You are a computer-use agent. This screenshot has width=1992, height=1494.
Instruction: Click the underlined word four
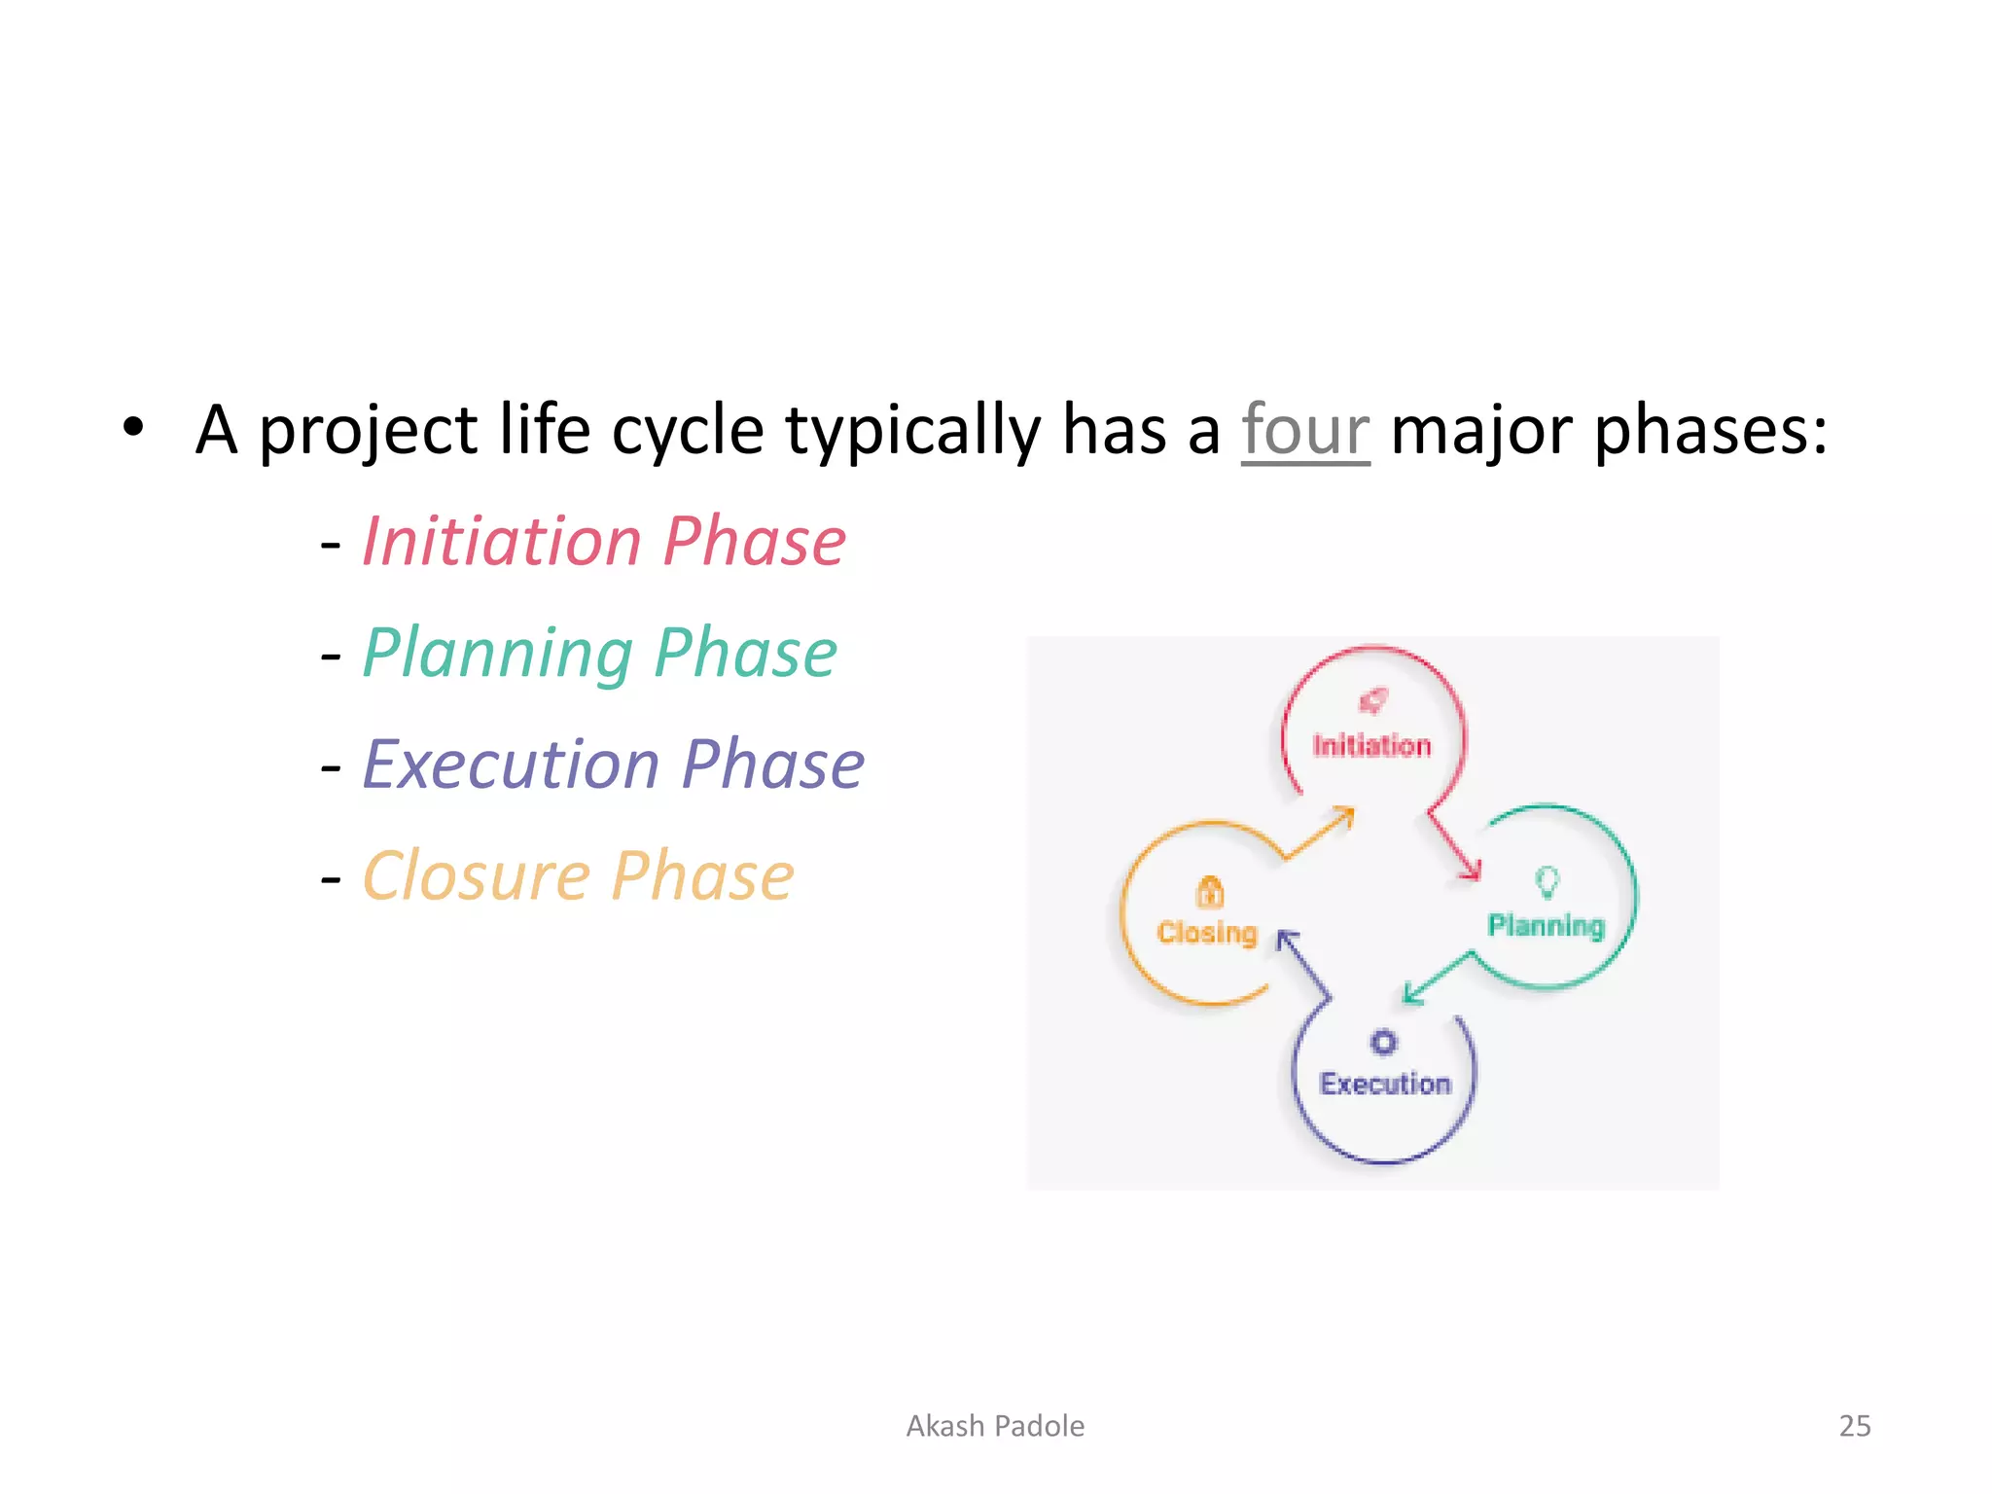click(1304, 431)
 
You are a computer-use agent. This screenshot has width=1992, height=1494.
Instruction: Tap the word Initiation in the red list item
click(502, 542)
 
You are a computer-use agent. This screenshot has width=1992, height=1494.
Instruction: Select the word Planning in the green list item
click(498, 654)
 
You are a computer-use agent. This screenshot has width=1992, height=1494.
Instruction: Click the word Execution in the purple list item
click(511, 765)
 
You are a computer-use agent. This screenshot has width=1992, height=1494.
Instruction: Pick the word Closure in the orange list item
click(476, 876)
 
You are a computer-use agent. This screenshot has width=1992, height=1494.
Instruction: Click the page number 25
click(1854, 1426)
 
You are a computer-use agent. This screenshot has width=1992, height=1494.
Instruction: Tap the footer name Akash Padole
click(995, 1426)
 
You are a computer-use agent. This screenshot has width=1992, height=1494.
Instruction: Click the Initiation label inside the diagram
click(1371, 746)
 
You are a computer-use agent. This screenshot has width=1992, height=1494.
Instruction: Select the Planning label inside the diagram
click(1546, 925)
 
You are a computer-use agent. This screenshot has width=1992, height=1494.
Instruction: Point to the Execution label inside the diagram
click(1384, 1084)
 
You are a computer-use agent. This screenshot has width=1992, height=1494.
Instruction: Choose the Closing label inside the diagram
click(1207, 933)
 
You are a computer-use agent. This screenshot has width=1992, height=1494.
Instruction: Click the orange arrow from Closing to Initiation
click(1321, 833)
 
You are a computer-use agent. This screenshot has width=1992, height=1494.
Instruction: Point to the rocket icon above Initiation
click(1373, 700)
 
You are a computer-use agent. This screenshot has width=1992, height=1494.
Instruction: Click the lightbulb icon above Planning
click(1547, 882)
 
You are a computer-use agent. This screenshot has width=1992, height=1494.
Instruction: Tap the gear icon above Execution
click(1383, 1043)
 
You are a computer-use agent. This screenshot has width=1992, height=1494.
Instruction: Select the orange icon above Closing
click(1209, 891)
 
